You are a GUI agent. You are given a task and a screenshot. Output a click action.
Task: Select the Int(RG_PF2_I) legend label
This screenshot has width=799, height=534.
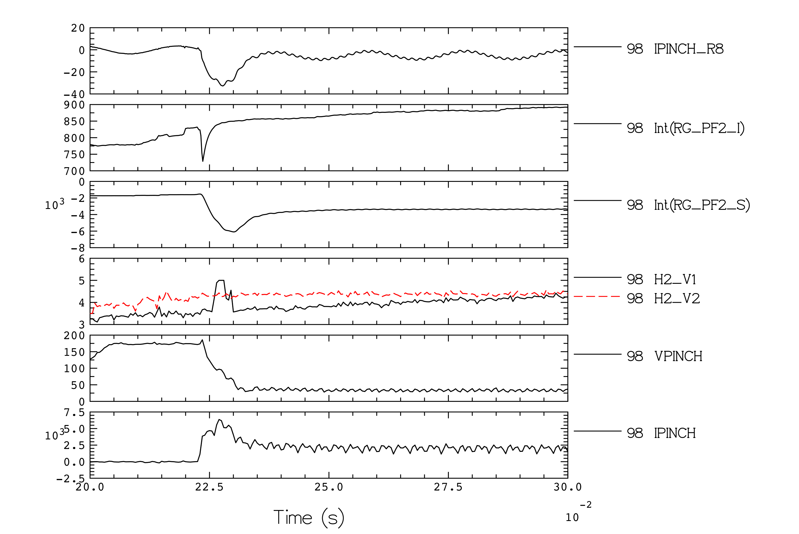click(699, 128)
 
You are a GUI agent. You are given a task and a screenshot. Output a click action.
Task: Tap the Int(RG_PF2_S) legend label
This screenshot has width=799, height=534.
click(702, 205)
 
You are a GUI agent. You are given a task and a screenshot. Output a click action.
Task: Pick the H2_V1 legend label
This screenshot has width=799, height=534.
click(675, 280)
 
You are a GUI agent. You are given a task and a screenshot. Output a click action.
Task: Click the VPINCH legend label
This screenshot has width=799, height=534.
click(678, 356)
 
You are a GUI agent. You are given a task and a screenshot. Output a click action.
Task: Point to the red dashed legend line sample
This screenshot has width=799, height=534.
click(597, 297)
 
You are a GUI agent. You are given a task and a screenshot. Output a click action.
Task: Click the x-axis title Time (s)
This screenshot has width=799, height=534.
click(309, 518)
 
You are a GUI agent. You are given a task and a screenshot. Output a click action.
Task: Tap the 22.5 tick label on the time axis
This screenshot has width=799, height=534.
click(209, 487)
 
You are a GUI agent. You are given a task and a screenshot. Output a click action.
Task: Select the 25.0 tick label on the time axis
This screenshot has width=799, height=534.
click(329, 487)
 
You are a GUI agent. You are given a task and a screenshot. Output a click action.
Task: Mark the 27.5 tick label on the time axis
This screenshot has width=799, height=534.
click(448, 487)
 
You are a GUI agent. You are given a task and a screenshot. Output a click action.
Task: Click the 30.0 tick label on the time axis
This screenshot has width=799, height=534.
click(567, 487)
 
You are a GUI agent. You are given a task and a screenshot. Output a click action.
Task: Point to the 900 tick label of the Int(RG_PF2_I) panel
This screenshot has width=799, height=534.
click(74, 105)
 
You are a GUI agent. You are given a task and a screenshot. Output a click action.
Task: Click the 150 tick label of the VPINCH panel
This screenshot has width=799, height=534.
click(74, 352)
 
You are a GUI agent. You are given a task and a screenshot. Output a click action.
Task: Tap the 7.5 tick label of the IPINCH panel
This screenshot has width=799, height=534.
click(74, 413)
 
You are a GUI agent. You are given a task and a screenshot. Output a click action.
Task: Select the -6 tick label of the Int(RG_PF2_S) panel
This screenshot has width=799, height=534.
click(78, 232)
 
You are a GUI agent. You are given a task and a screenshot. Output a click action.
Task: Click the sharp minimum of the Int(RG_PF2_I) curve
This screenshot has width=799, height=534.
click(203, 161)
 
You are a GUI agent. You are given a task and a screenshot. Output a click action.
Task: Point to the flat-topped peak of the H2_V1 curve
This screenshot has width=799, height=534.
click(221, 281)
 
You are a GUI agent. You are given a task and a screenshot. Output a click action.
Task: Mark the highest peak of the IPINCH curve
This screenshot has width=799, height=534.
click(219, 420)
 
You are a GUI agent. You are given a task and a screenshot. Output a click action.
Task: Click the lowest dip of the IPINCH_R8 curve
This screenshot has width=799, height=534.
click(223, 86)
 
